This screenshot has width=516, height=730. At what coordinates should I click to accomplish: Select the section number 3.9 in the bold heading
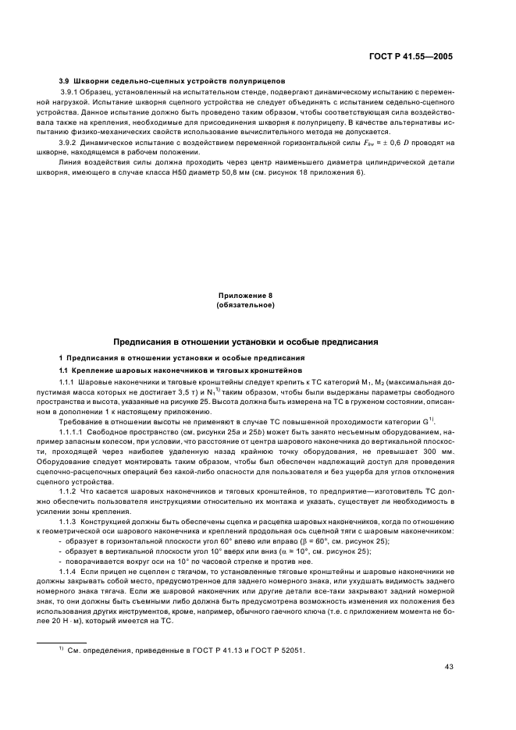pos(66,81)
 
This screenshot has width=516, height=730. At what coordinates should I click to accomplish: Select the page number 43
pos(448,688)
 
